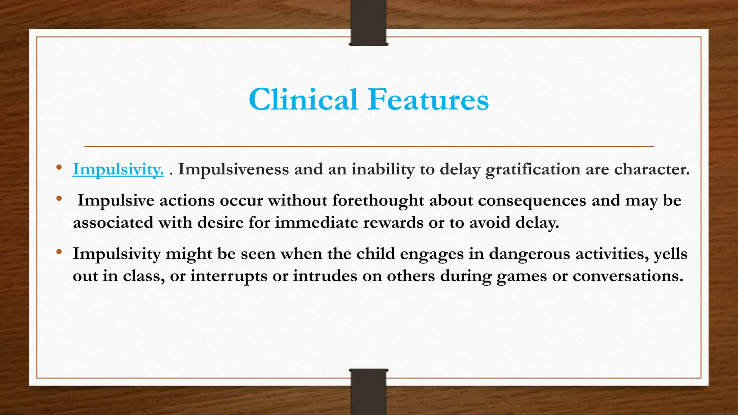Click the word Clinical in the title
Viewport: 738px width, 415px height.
(303, 99)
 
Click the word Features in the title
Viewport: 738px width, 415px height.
(428, 99)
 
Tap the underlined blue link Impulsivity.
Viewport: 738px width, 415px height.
(118, 169)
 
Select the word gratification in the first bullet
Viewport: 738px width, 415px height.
(533, 169)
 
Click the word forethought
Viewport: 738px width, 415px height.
(378, 200)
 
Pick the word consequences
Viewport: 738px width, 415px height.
(532, 200)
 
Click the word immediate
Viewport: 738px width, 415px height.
(316, 223)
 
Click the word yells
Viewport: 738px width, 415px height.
(670, 254)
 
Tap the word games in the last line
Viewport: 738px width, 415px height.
(521, 277)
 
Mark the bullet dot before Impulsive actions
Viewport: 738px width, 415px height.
(59, 198)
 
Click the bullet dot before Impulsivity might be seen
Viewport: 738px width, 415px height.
(59, 252)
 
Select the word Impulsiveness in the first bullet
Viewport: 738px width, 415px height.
(233, 169)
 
